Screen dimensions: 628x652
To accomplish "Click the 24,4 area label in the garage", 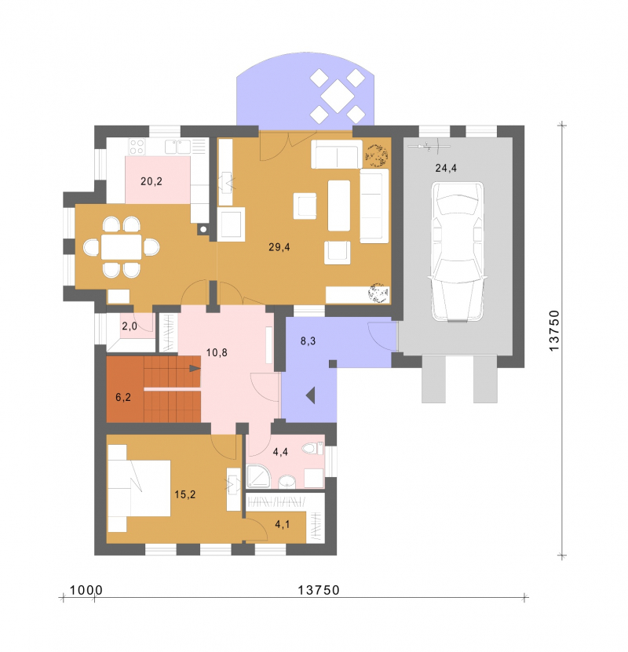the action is pos(446,168).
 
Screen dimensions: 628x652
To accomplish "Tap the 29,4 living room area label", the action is pos(279,247).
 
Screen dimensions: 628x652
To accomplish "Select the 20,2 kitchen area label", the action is pos(152,181).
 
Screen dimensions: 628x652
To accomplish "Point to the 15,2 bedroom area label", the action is pos(185,494).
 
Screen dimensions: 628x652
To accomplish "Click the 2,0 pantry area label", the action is pos(130,326).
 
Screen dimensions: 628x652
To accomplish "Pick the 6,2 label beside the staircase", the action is pos(123,397).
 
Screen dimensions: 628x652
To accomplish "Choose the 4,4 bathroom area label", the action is pos(280,452).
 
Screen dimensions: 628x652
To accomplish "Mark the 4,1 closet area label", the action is pos(283,524).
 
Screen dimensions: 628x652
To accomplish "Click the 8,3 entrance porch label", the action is pos(308,341).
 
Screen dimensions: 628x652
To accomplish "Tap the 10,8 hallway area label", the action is pos(217,352).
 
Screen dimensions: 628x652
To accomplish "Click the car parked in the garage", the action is pos(458,252).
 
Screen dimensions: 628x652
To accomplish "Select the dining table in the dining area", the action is pos(122,247).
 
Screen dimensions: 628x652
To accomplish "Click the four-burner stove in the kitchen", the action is pos(137,147).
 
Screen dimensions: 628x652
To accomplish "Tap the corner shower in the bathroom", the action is pos(258,475).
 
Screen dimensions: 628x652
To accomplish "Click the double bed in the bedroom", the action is pos(139,488).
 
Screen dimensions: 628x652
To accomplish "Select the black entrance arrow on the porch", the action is pos(311,395).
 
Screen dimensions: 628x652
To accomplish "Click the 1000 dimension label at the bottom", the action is pos(86,590).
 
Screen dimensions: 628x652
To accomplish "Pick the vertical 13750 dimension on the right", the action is pos(554,330).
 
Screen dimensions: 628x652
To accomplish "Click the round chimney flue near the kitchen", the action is pos(203,229).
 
